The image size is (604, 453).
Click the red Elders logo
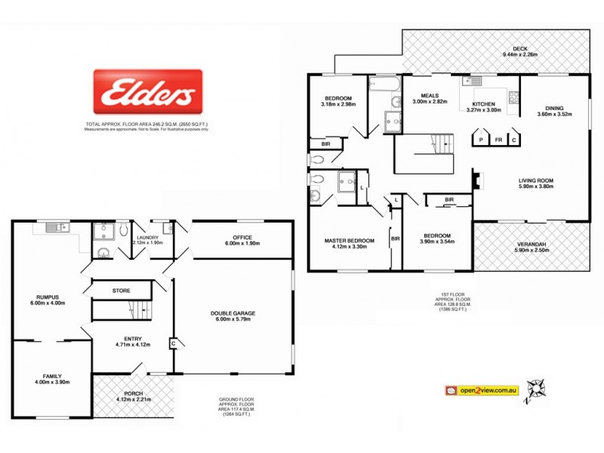pos(147,94)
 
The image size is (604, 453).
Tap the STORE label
pos(121,289)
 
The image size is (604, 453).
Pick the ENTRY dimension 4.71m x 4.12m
pos(133,345)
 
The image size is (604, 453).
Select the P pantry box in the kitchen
pos(480,140)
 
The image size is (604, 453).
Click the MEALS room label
pos(424,96)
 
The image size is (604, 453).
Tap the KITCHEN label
pos(483,103)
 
